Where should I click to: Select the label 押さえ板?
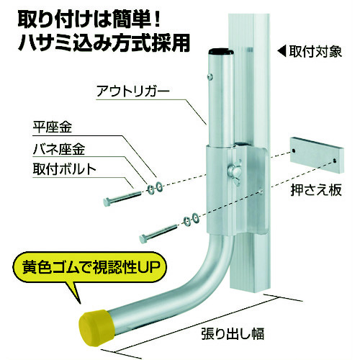pos(316,190)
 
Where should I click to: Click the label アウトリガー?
pos(133,91)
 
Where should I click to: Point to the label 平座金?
pos(53,127)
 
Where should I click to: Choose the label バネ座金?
pos(59,149)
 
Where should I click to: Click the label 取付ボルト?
pos(64,169)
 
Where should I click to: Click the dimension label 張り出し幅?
pos(233,333)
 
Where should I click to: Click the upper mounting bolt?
pos(122,198)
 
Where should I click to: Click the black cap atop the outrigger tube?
pos(221,52)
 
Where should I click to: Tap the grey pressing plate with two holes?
pos(317,155)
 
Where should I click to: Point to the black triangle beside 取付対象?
pos(282,51)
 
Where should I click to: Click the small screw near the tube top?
pos(210,76)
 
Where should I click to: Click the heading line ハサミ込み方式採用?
pos(104,43)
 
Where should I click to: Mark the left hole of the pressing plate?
pos(293,150)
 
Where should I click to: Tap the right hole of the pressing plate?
pos(335,160)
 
